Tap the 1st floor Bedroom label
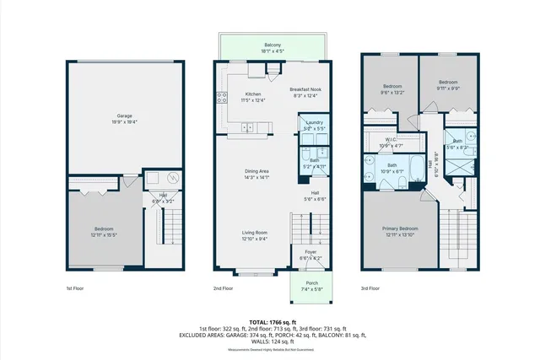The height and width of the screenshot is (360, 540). (x=105, y=228)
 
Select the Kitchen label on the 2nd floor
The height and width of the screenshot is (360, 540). (x=253, y=94)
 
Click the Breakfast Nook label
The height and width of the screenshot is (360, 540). (x=305, y=89)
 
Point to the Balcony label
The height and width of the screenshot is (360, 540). (x=272, y=44)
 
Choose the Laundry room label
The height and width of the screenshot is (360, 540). (x=314, y=123)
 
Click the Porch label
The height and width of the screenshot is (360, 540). (x=311, y=283)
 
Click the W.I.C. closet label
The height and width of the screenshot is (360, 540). (x=391, y=140)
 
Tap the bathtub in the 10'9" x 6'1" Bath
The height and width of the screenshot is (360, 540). (x=418, y=168)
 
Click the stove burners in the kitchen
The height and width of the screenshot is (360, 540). (x=222, y=97)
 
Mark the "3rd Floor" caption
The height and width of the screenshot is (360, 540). (x=371, y=287)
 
